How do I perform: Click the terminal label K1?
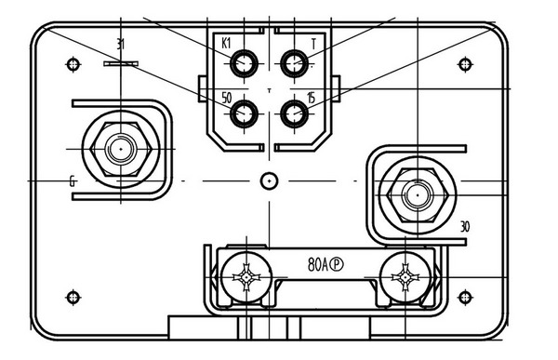226,44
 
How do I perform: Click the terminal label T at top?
313,44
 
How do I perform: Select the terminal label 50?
226,97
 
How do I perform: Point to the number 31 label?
121,44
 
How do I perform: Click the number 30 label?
465,226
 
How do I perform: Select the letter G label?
72,180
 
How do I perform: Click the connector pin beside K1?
246,63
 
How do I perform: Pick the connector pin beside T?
295,63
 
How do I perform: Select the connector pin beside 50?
246,113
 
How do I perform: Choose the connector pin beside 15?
295,113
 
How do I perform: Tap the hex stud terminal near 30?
415,195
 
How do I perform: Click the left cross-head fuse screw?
246,276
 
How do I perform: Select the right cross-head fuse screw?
404,276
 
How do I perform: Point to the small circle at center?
269,180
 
